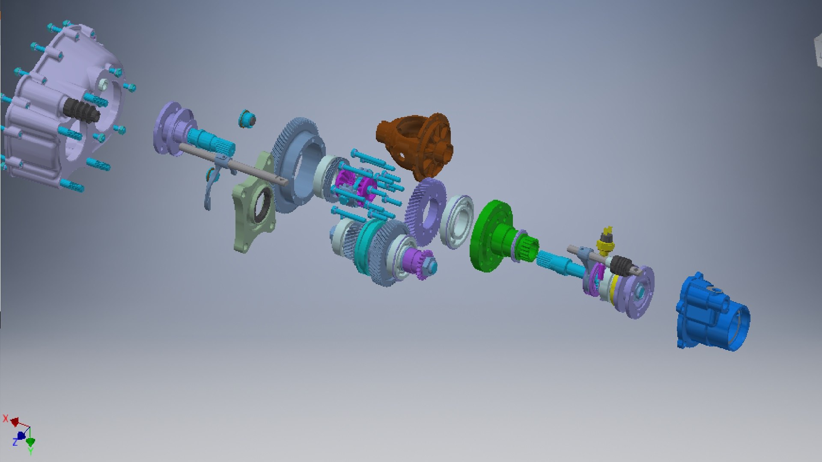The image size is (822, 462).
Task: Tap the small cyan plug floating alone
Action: pyautogui.click(x=247, y=118)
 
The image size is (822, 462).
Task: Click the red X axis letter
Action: pyautogui.click(x=6, y=418)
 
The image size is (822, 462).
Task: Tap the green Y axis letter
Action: pyautogui.click(x=30, y=451)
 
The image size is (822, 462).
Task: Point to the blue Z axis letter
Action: pyautogui.click(x=15, y=442)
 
